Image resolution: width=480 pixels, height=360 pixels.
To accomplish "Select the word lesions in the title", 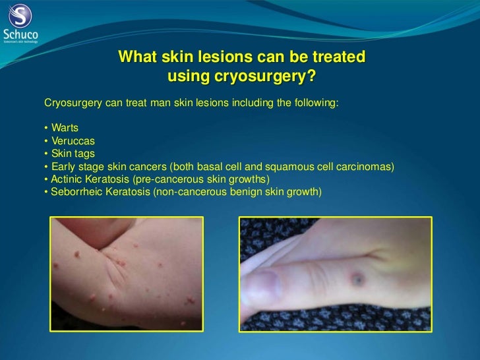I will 210,58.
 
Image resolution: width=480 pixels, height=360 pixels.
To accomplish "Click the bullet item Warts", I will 65,127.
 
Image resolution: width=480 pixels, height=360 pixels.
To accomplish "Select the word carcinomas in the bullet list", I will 367,166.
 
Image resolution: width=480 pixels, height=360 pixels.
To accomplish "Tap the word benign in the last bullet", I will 255,192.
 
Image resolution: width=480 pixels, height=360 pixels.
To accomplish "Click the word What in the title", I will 136,58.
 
